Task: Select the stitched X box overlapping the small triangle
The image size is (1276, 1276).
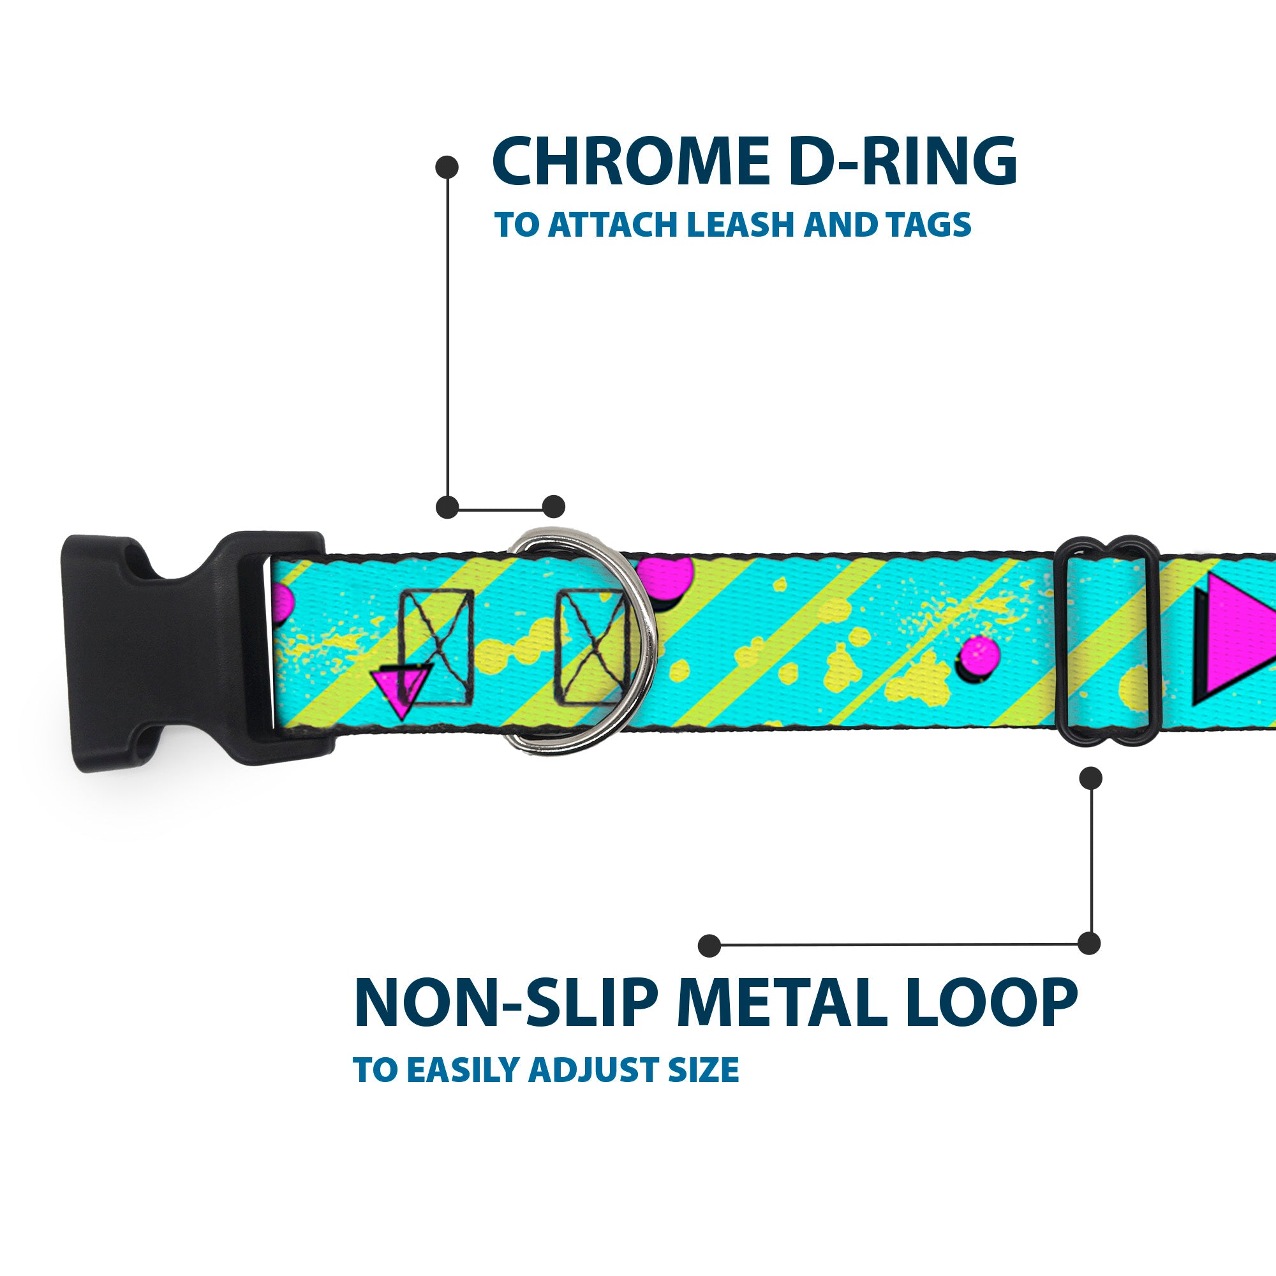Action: (436, 646)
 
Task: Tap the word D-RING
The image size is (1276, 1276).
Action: (903, 162)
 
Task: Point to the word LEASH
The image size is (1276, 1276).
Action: (739, 225)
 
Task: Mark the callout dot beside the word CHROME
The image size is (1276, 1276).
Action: (447, 167)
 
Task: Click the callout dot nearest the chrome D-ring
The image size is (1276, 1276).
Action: (553, 507)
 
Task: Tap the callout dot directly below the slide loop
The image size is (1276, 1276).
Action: (1090, 778)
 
